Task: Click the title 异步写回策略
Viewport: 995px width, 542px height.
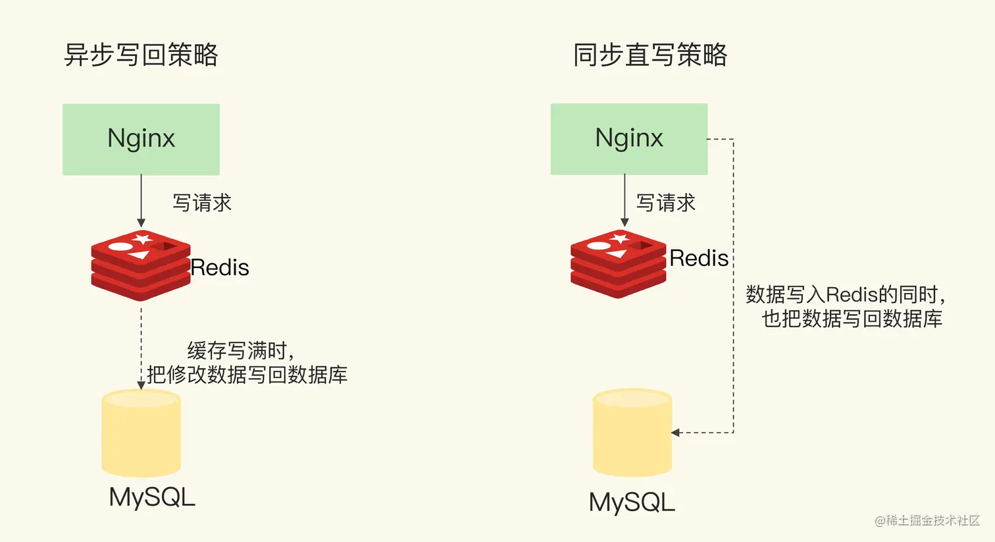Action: pyautogui.click(x=141, y=55)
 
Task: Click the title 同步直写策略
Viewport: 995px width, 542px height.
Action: pyautogui.click(x=650, y=55)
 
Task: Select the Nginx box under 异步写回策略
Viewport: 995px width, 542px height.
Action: pyautogui.click(x=141, y=139)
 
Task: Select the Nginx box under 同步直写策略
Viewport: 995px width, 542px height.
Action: pyautogui.click(x=629, y=138)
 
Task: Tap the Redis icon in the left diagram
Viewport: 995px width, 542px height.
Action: pyautogui.click(x=141, y=265)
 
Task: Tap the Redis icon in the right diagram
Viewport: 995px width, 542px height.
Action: pyautogui.click(x=619, y=263)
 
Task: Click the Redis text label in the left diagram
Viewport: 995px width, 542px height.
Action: pyautogui.click(x=220, y=267)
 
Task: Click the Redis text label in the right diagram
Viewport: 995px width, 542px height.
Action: pyautogui.click(x=699, y=258)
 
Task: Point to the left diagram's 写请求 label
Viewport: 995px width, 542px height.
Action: pyautogui.click(x=202, y=203)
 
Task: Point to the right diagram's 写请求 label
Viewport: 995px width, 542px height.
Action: pyautogui.click(x=666, y=203)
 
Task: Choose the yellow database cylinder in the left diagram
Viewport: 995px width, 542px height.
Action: pyautogui.click(x=141, y=433)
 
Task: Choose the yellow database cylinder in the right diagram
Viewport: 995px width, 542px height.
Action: pyautogui.click(x=632, y=433)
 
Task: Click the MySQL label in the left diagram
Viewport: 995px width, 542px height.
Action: pyautogui.click(x=152, y=497)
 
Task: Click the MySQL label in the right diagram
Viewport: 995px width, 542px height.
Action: pyautogui.click(x=632, y=502)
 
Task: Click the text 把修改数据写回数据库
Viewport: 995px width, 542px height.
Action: pyautogui.click(x=247, y=375)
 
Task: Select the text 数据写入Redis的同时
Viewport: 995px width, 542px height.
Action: pyautogui.click(x=845, y=294)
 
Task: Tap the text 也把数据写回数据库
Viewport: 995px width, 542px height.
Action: pyautogui.click(x=852, y=319)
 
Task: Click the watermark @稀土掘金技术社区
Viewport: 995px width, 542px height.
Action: pyautogui.click(x=927, y=520)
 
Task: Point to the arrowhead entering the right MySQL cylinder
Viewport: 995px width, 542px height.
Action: pyautogui.click(x=675, y=433)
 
